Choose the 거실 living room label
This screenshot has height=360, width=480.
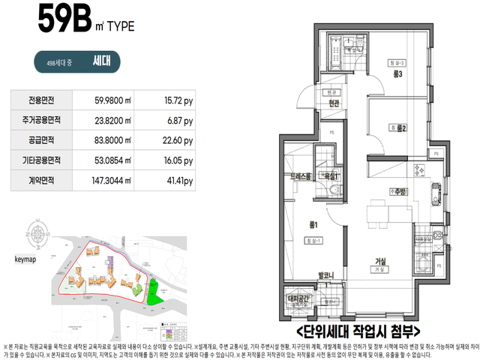point(381,261)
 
